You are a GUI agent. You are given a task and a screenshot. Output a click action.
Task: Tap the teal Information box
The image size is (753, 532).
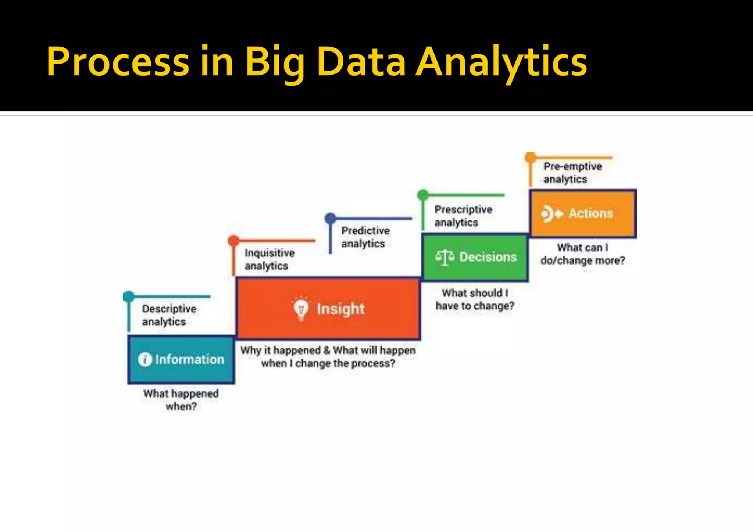click(181, 359)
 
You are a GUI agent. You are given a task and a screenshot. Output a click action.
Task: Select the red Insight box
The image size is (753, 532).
click(328, 309)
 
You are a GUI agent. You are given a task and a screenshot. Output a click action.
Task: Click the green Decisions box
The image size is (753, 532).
click(475, 257)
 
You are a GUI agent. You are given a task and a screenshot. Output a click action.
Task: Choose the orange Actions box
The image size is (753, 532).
click(583, 213)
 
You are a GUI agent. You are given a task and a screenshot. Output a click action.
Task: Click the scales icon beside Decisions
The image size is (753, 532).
click(445, 257)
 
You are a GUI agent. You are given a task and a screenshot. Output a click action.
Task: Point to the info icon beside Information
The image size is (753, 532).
click(145, 359)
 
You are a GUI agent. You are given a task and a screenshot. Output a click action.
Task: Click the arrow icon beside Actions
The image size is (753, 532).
click(552, 213)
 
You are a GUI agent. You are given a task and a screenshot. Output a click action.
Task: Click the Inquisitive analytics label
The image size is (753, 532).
click(269, 259)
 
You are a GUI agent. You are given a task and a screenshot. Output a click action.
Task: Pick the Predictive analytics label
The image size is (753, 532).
click(365, 237)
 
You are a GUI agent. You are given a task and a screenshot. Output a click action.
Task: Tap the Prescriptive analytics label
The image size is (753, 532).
click(463, 216)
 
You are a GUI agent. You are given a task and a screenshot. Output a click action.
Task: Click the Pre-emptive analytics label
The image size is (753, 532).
click(572, 172)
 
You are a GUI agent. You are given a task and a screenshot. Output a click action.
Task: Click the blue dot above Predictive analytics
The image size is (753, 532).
click(330, 218)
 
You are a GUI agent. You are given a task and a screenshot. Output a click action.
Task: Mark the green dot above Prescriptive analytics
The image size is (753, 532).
click(423, 195)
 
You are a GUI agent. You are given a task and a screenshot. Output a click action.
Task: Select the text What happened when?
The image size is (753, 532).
click(181, 400)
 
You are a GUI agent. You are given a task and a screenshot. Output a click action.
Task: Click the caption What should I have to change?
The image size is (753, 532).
click(475, 299)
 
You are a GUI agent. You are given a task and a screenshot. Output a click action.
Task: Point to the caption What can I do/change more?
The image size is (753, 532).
click(582, 254)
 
